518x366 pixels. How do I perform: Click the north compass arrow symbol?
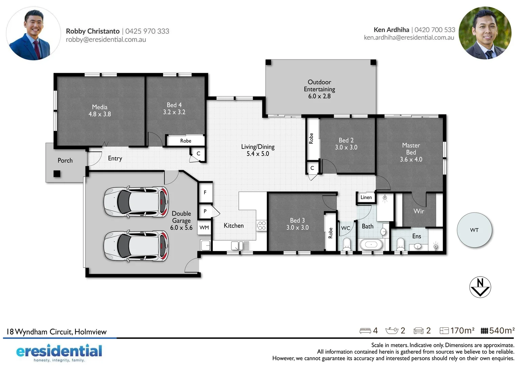point(480,287)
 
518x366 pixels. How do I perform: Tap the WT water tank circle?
point(474,230)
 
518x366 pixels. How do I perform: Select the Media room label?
point(100,107)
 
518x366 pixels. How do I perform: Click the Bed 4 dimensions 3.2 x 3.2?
point(174,112)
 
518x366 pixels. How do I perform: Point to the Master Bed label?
point(411,149)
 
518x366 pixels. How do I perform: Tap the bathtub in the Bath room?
point(371,244)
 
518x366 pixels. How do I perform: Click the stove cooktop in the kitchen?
point(262,226)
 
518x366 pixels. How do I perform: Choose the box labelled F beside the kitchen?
point(205,192)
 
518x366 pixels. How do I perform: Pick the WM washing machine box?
point(204,227)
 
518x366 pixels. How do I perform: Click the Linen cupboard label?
point(366,197)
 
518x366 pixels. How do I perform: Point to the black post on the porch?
point(57,174)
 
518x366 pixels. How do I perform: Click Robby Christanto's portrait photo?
point(33,34)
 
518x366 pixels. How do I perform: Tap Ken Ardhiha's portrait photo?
point(485,33)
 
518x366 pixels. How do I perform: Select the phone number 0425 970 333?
point(147,31)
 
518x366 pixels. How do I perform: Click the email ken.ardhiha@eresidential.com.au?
point(409,38)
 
